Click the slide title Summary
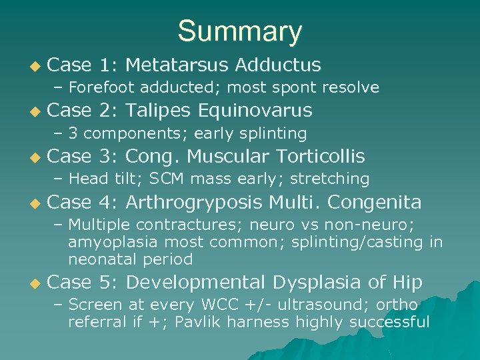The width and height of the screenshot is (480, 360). coord(240,31)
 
